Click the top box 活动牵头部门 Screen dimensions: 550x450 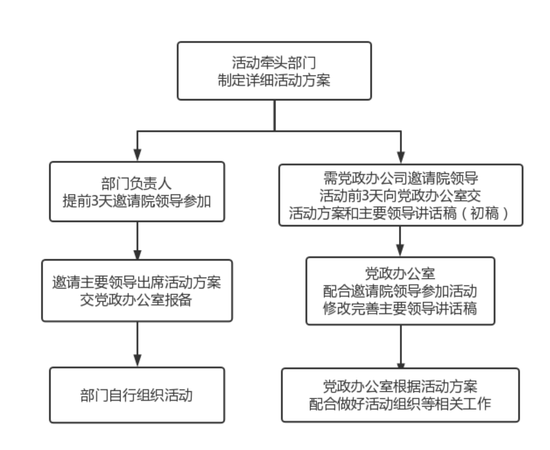[274, 71]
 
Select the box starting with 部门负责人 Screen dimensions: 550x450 [137, 192]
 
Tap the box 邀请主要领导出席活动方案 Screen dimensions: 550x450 [137, 290]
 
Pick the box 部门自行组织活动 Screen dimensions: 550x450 [137, 395]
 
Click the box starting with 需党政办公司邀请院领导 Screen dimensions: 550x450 [401, 195]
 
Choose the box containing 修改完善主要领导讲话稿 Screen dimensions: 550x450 [400, 291]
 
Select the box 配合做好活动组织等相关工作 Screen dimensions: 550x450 [400, 395]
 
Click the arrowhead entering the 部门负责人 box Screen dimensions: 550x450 [137, 155]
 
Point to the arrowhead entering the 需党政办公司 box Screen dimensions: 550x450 [401, 157]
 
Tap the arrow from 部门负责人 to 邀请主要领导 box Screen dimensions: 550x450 [137, 241]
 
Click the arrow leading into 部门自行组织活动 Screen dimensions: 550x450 [137, 344]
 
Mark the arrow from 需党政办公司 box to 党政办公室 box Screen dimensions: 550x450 [400, 241]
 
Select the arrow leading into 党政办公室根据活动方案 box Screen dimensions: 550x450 [401, 346]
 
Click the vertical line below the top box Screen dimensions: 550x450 [274, 115]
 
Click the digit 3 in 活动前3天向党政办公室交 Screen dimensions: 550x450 [365, 196]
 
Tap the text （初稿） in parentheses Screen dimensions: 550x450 [484, 213]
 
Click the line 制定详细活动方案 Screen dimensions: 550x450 [274, 80]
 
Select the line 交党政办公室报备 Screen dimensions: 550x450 [136, 300]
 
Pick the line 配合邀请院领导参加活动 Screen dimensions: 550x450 [400, 291]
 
